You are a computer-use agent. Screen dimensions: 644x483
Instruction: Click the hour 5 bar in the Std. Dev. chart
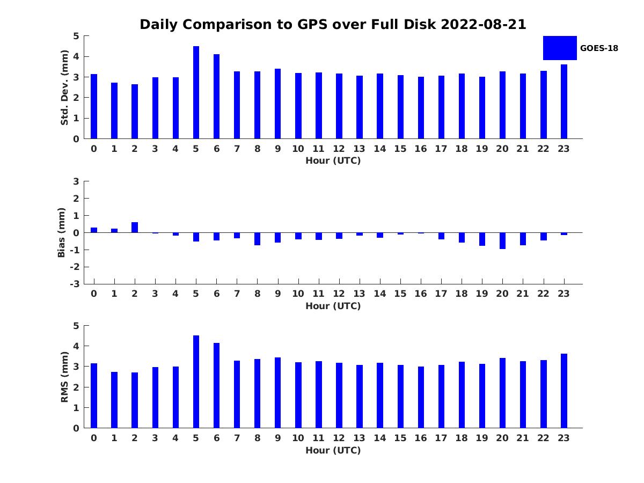point(196,92)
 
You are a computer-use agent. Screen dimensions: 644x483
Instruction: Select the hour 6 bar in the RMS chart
point(216,385)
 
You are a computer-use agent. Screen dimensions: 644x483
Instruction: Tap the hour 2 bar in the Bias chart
point(135,227)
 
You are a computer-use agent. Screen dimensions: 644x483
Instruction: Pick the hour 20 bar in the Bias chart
point(502,241)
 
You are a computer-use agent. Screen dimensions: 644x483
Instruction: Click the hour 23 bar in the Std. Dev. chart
point(564,101)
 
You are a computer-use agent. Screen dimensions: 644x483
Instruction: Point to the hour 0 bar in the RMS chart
point(94,396)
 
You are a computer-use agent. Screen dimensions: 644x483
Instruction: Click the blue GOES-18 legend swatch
point(560,48)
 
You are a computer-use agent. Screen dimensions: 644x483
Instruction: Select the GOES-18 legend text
point(599,48)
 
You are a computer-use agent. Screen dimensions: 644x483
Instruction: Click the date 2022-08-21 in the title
point(484,24)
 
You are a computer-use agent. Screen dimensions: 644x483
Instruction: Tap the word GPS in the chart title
point(312,24)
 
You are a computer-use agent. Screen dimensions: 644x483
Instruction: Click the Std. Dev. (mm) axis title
point(64,87)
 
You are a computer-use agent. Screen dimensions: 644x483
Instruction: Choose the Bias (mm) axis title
point(61,232)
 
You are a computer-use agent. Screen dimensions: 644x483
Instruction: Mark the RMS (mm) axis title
point(64,377)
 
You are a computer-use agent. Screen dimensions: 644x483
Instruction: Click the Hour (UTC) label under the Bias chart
point(333,306)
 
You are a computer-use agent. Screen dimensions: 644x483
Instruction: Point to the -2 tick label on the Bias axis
point(75,267)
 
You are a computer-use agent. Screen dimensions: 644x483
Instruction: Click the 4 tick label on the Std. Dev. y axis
point(76,56)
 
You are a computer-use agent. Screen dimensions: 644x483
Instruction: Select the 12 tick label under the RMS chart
point(339,438)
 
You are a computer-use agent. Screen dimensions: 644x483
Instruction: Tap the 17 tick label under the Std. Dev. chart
point(441,149)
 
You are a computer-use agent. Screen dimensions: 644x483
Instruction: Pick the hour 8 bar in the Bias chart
point(257,239)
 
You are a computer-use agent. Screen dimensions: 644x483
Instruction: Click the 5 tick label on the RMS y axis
point(76,326)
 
